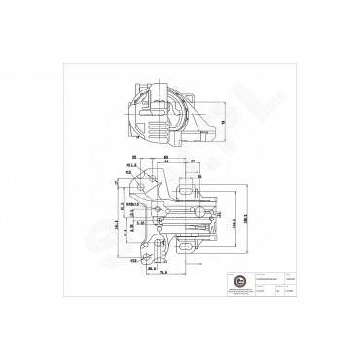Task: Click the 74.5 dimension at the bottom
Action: click(161, 274)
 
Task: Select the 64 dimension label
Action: click(167, 162)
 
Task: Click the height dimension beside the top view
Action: click(222, 122)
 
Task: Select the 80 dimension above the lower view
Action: click(166, 155)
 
